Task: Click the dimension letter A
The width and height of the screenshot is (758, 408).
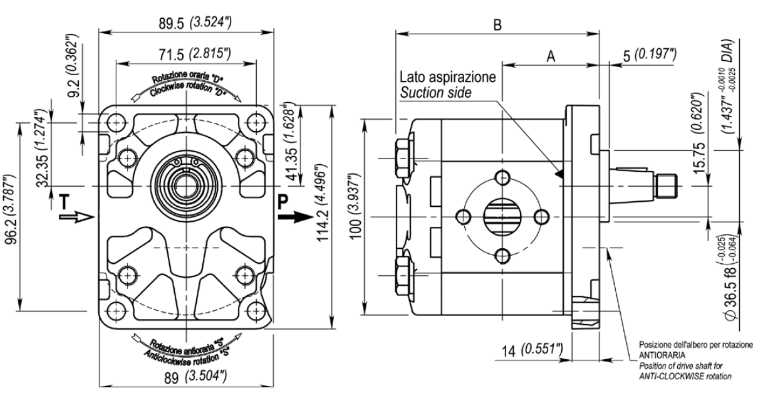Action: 551,56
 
